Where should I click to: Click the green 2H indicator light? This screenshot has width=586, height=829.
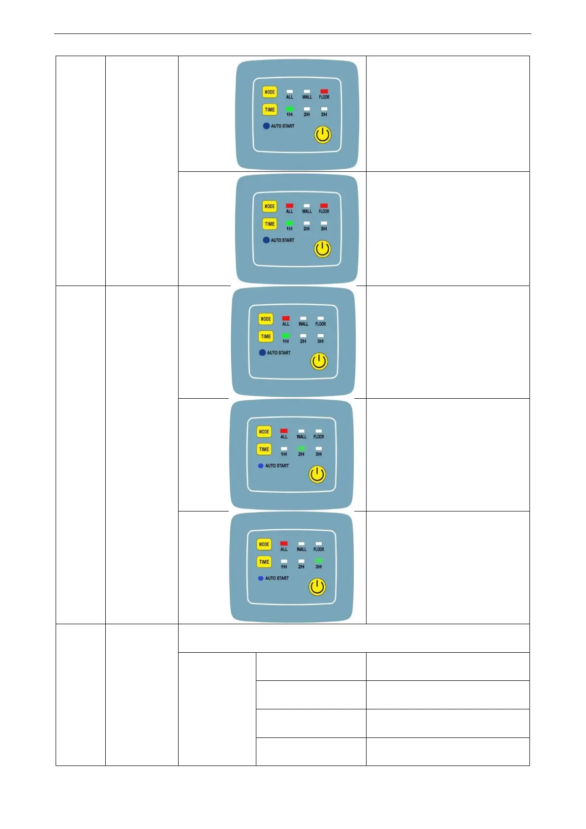coord(301,448)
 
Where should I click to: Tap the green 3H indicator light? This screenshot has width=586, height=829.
coord(319,561)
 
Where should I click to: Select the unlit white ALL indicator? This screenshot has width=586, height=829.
coord(289,92)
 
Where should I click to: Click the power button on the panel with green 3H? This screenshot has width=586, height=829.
coord(317,587)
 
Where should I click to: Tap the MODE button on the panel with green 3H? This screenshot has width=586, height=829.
coord(264,544)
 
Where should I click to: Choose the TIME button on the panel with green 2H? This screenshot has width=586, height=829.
coord(264,449)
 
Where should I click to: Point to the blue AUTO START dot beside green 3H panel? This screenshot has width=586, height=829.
coord(261,578)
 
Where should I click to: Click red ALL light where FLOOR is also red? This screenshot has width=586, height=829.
coord(289,206)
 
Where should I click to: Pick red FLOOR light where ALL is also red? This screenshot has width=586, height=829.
coord(324,206)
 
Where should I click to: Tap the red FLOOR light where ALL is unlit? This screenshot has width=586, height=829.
coord(324,92)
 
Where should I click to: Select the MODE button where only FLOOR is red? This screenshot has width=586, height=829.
coord(270,92)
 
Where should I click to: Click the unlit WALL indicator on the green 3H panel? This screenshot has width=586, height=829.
coord(301,544)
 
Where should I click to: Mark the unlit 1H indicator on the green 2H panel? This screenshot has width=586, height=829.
coord(284,448)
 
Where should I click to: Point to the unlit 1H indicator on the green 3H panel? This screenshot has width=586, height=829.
coord(284,561)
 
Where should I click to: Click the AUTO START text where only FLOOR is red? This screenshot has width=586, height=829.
coord(282,126)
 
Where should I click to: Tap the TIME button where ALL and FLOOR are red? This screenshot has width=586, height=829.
coord(270,224)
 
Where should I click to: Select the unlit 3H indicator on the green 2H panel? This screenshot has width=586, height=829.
coord(319,448)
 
